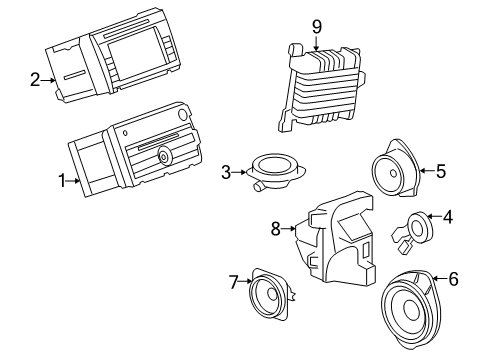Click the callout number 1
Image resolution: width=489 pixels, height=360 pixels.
pyautogui.click(x=63, y=181)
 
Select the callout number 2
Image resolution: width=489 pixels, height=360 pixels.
pyautogui.click(x=35, y=79)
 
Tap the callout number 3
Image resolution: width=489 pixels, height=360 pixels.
pyautogui.click(x=227, y=171)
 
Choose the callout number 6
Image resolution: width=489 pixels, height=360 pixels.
pyautogui.click(x=453, y=279)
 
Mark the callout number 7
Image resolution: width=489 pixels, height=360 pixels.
pyautogui.click(x=235, y=283)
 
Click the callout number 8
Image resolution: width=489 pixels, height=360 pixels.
pyautogui.click(x=277, y=229)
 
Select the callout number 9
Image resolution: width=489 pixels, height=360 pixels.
pyautogui.click(x=316, y=25)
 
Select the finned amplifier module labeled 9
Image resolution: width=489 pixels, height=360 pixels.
pyautogui.click(x=324, y=90)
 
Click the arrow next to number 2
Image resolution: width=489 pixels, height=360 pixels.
pyautogui.click(x=48, y=80)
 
